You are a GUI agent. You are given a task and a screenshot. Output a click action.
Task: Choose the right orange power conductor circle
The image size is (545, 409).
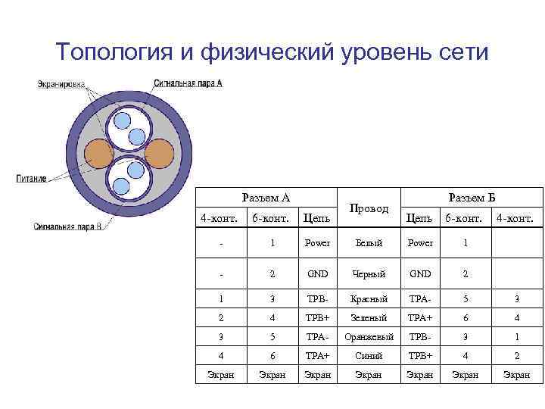[x=158, y=154]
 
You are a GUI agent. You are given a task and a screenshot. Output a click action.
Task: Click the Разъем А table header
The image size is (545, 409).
[x=266, y=198]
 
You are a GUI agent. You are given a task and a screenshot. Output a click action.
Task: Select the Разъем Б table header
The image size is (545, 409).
[x=472, y=198]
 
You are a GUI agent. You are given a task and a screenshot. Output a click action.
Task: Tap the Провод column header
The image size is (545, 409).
[x=368, y=208]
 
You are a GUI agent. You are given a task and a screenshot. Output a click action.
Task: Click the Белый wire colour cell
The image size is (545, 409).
[x=368, y=244]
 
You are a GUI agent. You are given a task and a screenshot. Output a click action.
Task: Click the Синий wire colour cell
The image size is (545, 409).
[x=368, y=356]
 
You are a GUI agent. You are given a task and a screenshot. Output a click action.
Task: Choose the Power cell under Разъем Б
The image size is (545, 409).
[x=419, y=244]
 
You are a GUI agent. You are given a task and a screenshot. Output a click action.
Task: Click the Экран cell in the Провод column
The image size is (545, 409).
[x=368, y=375]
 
